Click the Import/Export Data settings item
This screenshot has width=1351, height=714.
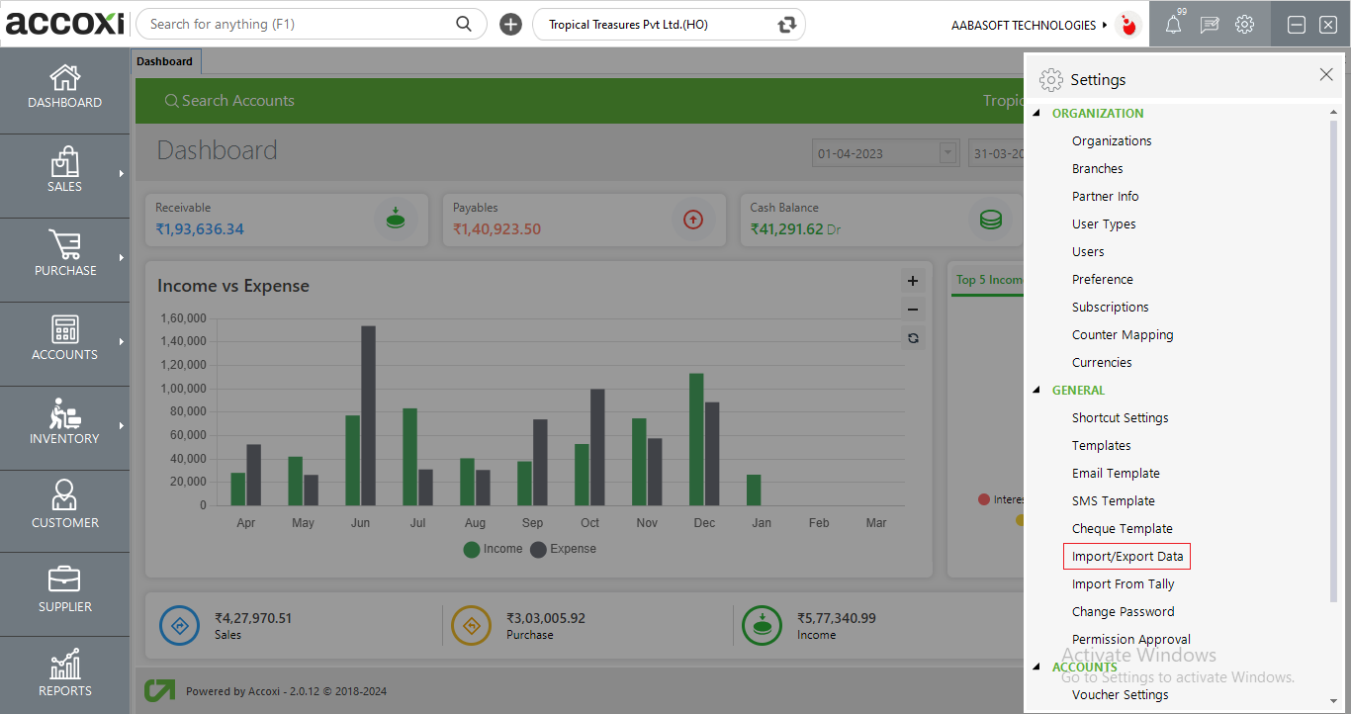pos(1126,557)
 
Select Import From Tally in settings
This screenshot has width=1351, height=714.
pos(1123,584)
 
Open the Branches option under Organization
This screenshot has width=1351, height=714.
pos(1097,169)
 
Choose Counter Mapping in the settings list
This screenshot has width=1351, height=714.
pos(1123,335)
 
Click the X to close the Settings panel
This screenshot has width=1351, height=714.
pos(1326,75)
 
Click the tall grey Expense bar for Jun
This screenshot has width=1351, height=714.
pos(368,415)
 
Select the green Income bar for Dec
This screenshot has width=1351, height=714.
pos(696,439)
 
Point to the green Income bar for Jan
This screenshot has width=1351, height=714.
pos(754,490)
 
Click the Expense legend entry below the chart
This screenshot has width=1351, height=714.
pos(564,549)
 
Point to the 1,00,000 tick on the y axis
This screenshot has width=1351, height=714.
pos(183,389)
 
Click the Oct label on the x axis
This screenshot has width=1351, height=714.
pos(589,523)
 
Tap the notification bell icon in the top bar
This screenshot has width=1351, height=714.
pos(1173,26)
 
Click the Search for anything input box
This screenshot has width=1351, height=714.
pos(297,25)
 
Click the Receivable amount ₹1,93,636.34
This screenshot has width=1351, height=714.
pos(200,229)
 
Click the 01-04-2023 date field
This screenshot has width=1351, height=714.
pos(874,153)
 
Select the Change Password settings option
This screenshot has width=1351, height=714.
pos(1123,612)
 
